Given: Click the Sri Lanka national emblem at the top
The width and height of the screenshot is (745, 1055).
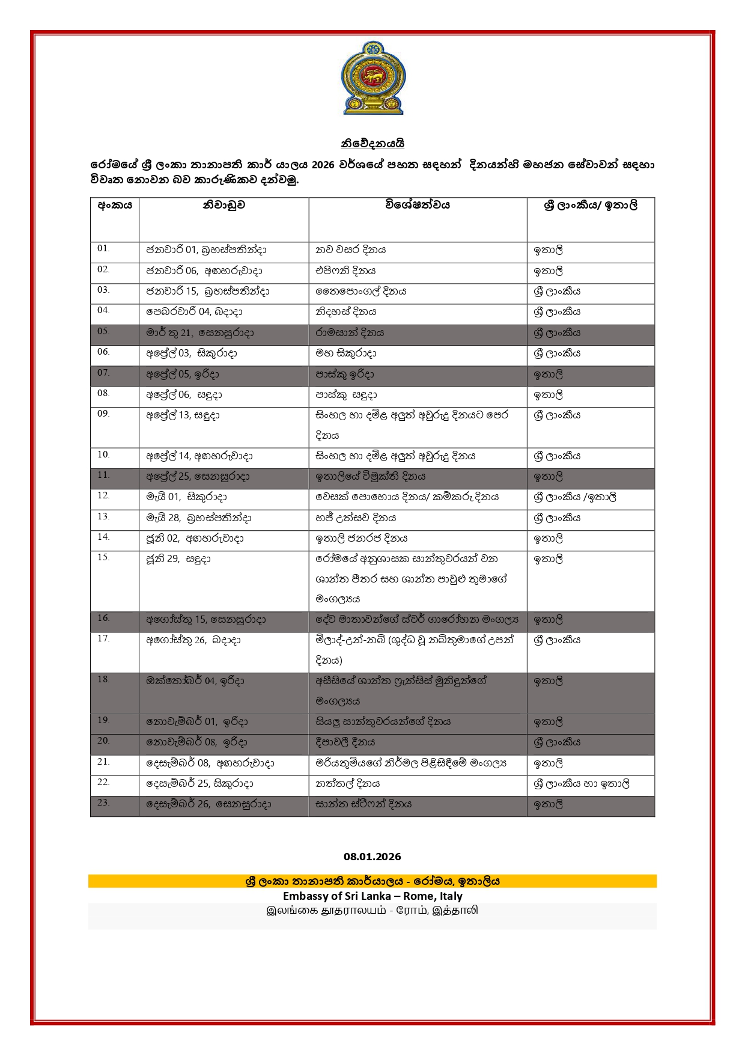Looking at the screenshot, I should (372, 78).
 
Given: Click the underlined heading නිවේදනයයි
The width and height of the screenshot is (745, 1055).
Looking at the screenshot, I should (372, 144).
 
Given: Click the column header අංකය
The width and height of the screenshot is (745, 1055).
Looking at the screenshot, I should (115, 205).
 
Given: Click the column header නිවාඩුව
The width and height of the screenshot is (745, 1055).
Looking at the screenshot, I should (223, 205).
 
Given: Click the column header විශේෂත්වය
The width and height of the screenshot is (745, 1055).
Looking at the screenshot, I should (418, 205).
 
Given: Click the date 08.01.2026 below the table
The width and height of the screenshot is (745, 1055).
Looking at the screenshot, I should (372, 857).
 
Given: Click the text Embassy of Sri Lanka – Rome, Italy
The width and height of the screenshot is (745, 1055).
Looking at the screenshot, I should (372, 896).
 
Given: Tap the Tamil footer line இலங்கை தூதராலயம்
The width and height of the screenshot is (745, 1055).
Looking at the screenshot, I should (372, 910).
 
